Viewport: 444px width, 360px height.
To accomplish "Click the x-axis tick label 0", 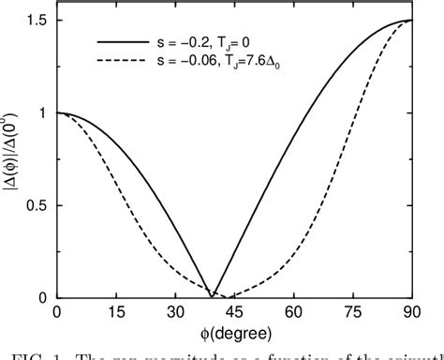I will [58, 313].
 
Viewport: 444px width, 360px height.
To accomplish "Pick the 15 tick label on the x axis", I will [117, 313].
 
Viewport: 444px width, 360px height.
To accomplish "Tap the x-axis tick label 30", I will [176, 313].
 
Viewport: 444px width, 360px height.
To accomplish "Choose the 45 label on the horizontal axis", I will [235, 313].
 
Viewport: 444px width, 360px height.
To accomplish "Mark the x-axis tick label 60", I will [294, 313].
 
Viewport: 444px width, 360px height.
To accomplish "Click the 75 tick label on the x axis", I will [353, 313].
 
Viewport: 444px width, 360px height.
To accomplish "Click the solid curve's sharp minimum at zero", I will [214, 296].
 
